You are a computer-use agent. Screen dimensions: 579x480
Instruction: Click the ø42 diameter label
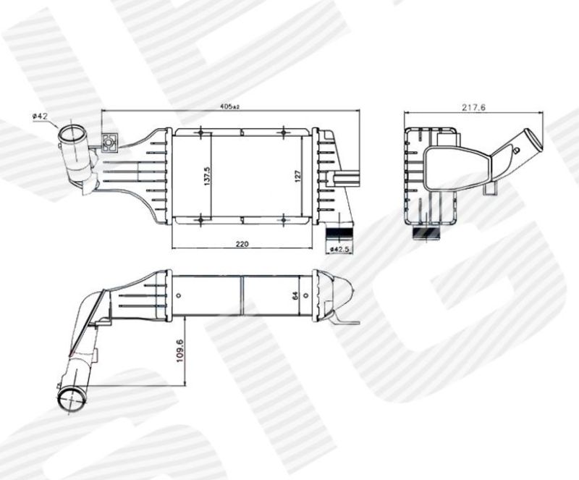pos(40,116)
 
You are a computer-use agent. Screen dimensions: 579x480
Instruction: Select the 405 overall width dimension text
pos(229,107)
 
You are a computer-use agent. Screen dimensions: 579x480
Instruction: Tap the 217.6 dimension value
pos(473,108)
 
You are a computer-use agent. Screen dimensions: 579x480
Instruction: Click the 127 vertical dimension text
pos(298,175)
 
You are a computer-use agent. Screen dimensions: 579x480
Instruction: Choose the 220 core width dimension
pos(242,243)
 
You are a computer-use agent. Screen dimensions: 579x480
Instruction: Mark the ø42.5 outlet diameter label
pos(339,250)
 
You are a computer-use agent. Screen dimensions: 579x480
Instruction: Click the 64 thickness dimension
pos(295,295)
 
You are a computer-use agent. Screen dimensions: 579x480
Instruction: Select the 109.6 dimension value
pos(179,350)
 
